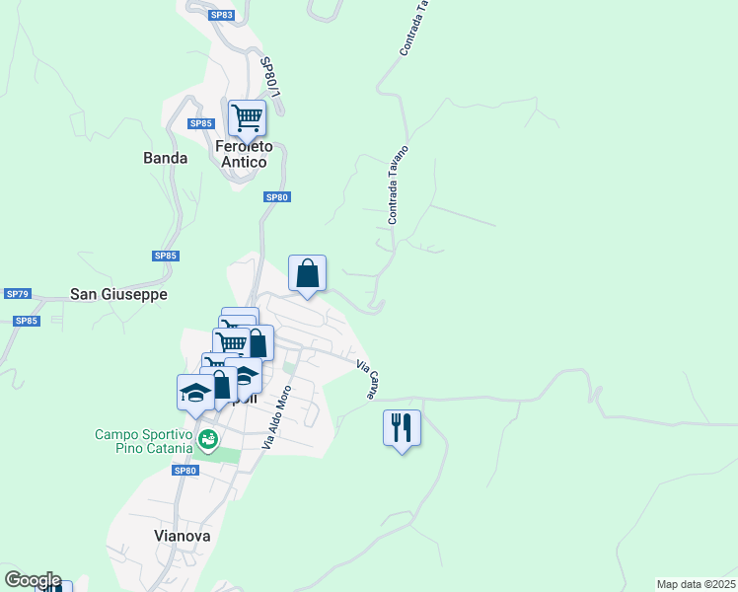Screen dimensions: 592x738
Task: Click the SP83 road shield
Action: point(221,15)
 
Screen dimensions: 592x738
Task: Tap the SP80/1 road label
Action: point(272,77)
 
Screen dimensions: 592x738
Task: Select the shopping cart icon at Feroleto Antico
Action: point(247,117)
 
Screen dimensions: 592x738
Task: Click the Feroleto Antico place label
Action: point(243,154)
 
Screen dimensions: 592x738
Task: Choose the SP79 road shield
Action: point(18,294)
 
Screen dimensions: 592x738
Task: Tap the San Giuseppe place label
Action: point(118,294)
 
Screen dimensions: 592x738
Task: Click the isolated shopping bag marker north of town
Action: point(307,272)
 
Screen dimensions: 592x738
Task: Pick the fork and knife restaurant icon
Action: point(402,428)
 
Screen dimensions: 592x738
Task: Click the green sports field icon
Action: point(207,439)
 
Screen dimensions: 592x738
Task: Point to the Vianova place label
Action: point(183,536)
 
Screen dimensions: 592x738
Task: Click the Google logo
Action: point(33,580)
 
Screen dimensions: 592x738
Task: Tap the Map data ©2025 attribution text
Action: point(696,584)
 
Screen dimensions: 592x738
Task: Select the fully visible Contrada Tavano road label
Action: point(399,185)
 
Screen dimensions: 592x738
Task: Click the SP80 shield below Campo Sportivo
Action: point(185,471)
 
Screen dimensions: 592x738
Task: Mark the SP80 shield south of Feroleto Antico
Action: point(276,197)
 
